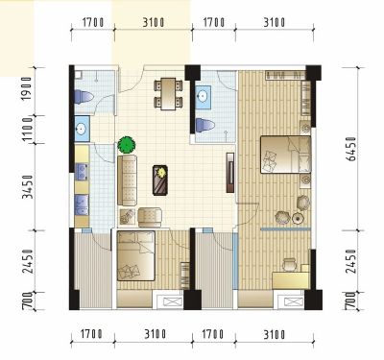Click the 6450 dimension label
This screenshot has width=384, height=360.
point(351,149)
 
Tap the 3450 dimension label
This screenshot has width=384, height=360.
point(29,186)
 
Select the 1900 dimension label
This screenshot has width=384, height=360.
point(29,88)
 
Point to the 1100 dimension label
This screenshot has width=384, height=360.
point(29,130)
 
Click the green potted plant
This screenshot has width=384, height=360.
point(127,145)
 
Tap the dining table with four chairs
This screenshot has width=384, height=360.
point(168,94)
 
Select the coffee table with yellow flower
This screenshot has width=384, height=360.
point(160,180)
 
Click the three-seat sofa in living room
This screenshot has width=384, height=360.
point(127,180)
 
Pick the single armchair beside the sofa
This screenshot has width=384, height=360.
point(150,217)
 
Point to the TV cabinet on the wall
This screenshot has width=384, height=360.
point(230,173)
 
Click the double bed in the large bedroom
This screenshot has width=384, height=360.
point(285,155)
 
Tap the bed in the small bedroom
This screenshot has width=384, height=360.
point(136,255)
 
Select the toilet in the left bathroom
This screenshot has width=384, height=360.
point(84,97)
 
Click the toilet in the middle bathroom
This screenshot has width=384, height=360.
point(205,125)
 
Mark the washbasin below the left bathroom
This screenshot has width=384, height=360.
point(82,129)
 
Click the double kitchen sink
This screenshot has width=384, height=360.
point(82,205)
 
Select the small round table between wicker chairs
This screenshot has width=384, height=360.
point(298,219)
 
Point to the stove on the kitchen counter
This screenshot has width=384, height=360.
point(82,173)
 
